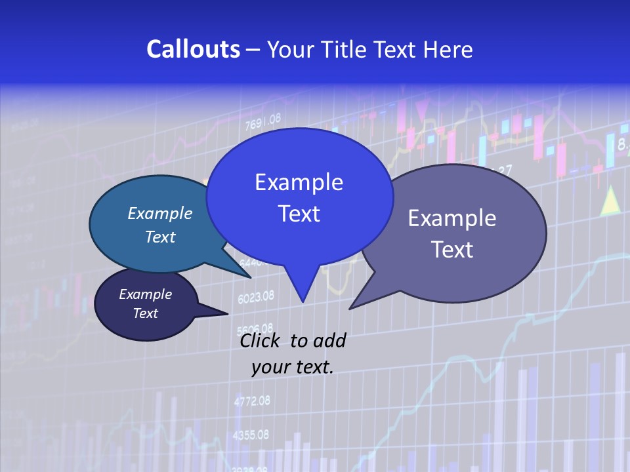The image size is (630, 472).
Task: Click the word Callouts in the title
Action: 193,49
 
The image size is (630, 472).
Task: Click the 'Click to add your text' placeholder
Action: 293,354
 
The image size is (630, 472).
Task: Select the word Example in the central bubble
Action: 299,182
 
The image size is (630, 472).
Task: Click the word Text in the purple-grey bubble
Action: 452,250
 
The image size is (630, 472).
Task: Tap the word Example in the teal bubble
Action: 160,214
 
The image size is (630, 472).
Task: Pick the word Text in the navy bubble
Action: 146,313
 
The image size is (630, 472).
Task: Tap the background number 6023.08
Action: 256,297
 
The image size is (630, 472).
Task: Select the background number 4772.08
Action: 252,401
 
